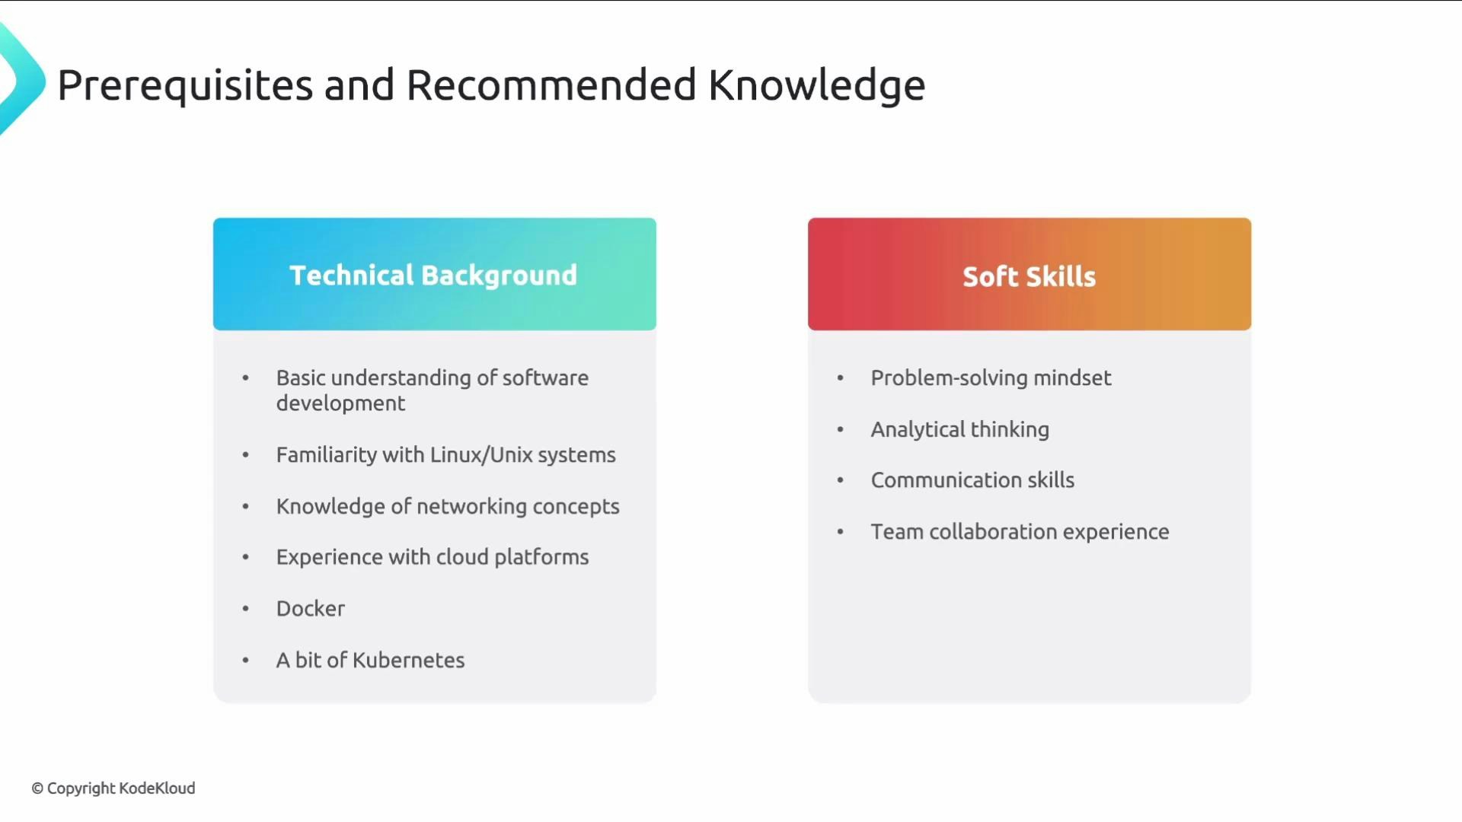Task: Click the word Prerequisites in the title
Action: pos(185,85)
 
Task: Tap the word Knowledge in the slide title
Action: pos(816,85)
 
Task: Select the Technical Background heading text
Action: pos(433,276)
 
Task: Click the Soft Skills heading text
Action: pos(1029,276)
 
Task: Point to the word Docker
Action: pos(311,609)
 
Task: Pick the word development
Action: pos(340,403)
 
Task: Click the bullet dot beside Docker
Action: pos(245,609)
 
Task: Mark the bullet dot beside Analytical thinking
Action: pos(840,430)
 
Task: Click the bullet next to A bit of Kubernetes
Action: pos(245,661)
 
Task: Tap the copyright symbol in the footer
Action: pos(37,789)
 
